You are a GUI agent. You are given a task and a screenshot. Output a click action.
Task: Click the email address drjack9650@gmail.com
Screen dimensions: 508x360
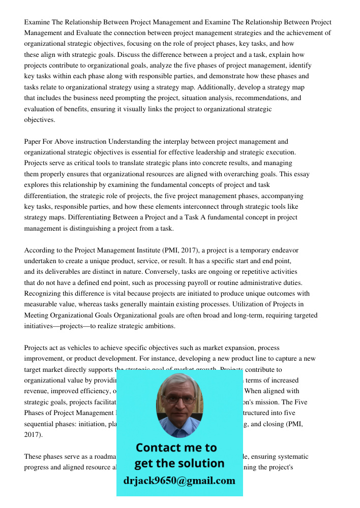(x=179, y=481)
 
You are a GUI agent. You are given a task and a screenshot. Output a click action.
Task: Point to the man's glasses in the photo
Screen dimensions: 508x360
(x=179, y=399)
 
